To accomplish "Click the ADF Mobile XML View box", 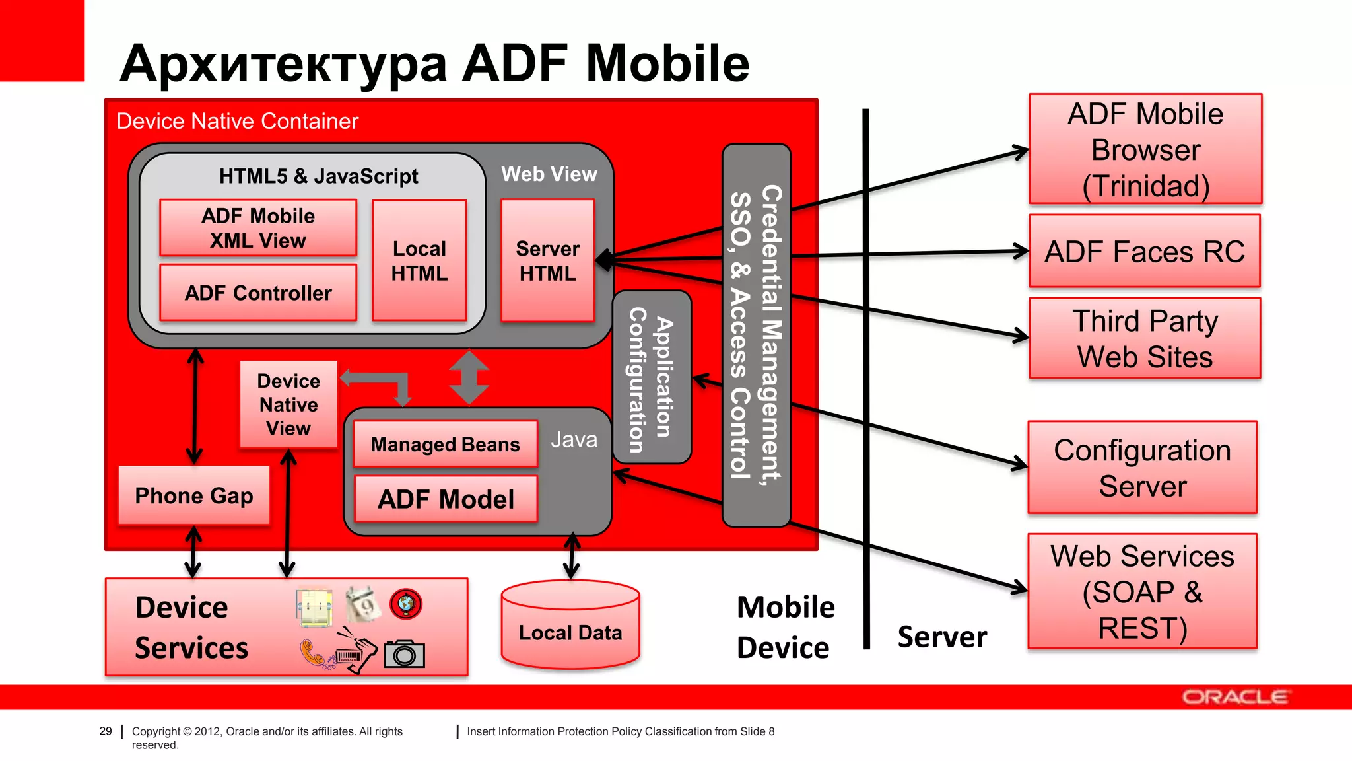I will point(258,228).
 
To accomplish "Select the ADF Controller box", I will point(258,293).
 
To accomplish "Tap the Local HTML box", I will point(419,260).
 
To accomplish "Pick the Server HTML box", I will point(547,260).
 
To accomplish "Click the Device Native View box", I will point(288,404).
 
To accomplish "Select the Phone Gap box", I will point(194,495).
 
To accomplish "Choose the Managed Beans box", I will point(446,444).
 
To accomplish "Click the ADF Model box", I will point(446,499).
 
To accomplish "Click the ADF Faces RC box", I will point(1144,251).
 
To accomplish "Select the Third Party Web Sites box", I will point(1144,338).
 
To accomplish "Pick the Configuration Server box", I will point(1142,468).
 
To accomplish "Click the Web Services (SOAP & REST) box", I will point(1142,591).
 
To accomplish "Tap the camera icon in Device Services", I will point(404,654).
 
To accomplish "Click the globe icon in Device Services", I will point(405,604).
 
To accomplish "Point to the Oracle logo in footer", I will point(1234,697).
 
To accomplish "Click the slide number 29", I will point(106,731).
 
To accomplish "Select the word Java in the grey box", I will point(574,439).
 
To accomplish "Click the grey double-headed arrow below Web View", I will point(469,377).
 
